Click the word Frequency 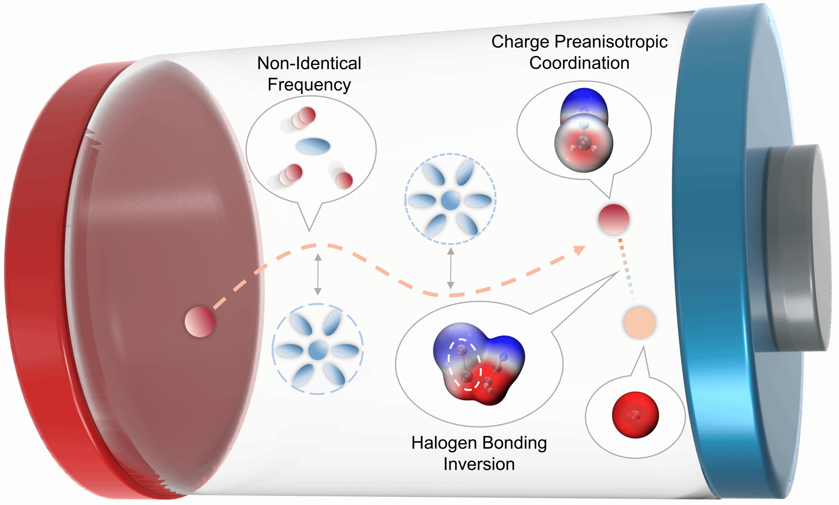[x=309, y=85]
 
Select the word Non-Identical [x=309, y=63]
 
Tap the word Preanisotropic [x=611, y=42]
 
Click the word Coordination [x=579, y=63]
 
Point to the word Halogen [x=444, y=443]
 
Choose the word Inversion [x=479, y=464]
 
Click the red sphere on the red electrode [x=200, y=322]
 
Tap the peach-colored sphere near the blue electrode [x=639, y=322]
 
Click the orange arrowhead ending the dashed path [x=579, y=249]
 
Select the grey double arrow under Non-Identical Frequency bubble [x=317, y=274]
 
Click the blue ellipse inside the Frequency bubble [x=313, y=146]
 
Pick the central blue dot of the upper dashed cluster [x=450, y=201]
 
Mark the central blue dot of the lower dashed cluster [x=317, y=350]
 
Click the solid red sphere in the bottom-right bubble [x=635, y=415]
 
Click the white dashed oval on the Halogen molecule [x=465, y=364]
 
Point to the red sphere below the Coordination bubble [x=613, y=219]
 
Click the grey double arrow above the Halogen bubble [x=451, y=268]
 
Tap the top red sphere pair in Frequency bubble [x=304, y=117]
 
